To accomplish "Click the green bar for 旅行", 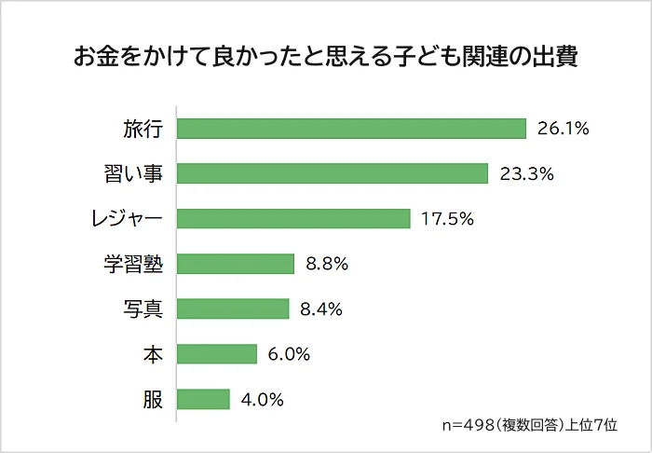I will coord(351,129).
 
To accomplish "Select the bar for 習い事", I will coord(333,173).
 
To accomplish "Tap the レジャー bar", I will coord(293,218).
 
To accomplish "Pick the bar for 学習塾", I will coord(236,264).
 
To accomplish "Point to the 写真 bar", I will coord(233,309).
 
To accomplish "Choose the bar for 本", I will coord(217,353).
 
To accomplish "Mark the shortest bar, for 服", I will coord(203,399).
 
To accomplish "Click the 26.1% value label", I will coord(564,129).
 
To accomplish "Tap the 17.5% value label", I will coord(448,218).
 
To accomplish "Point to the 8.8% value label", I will coord(327,264).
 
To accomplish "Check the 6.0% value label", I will coord(289,353).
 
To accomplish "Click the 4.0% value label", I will coord(262,399).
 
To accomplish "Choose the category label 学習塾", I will coord(133,264).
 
